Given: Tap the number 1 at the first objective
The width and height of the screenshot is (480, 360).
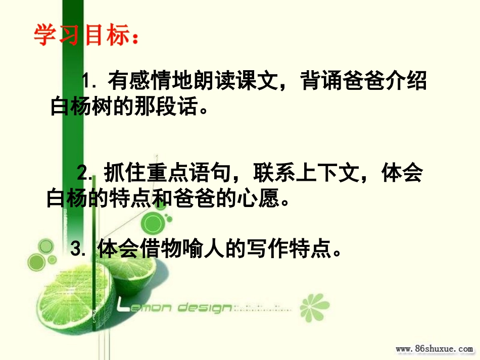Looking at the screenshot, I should [88, 81].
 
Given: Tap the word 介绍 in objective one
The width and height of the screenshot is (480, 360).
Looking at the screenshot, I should [408, 81].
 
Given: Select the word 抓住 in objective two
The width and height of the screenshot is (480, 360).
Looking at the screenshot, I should [121, 174].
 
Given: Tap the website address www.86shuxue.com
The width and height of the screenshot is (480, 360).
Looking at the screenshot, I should [434, 349].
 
